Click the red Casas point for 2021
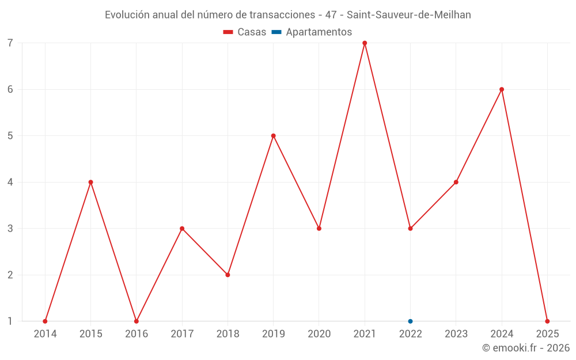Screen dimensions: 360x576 pos(365,43)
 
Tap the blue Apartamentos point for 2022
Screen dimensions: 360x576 pos(410,321)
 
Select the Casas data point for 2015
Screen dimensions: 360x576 pos(90,182)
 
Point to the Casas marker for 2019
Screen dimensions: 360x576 pos(274,136)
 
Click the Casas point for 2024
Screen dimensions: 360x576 pos(502,89)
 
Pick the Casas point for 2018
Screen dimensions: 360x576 pos(228,275)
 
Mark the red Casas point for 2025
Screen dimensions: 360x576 pos(547,321)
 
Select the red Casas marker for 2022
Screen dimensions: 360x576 pos(410,229)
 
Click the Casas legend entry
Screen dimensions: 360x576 pos(245,32)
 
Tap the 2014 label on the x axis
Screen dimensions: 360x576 pos(45,334)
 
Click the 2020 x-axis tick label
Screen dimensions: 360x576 pos(319,334)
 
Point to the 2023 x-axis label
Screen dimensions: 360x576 pos(456,334)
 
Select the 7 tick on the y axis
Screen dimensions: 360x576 pos(10,43)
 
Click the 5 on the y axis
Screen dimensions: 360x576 pos(10,136)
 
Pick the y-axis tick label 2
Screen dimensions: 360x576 pos(10,275)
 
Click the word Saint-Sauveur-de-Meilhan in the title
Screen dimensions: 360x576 pos(408,15)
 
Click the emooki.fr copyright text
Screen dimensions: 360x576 pos(526,348)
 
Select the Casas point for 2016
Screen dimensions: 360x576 pos(137,321)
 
